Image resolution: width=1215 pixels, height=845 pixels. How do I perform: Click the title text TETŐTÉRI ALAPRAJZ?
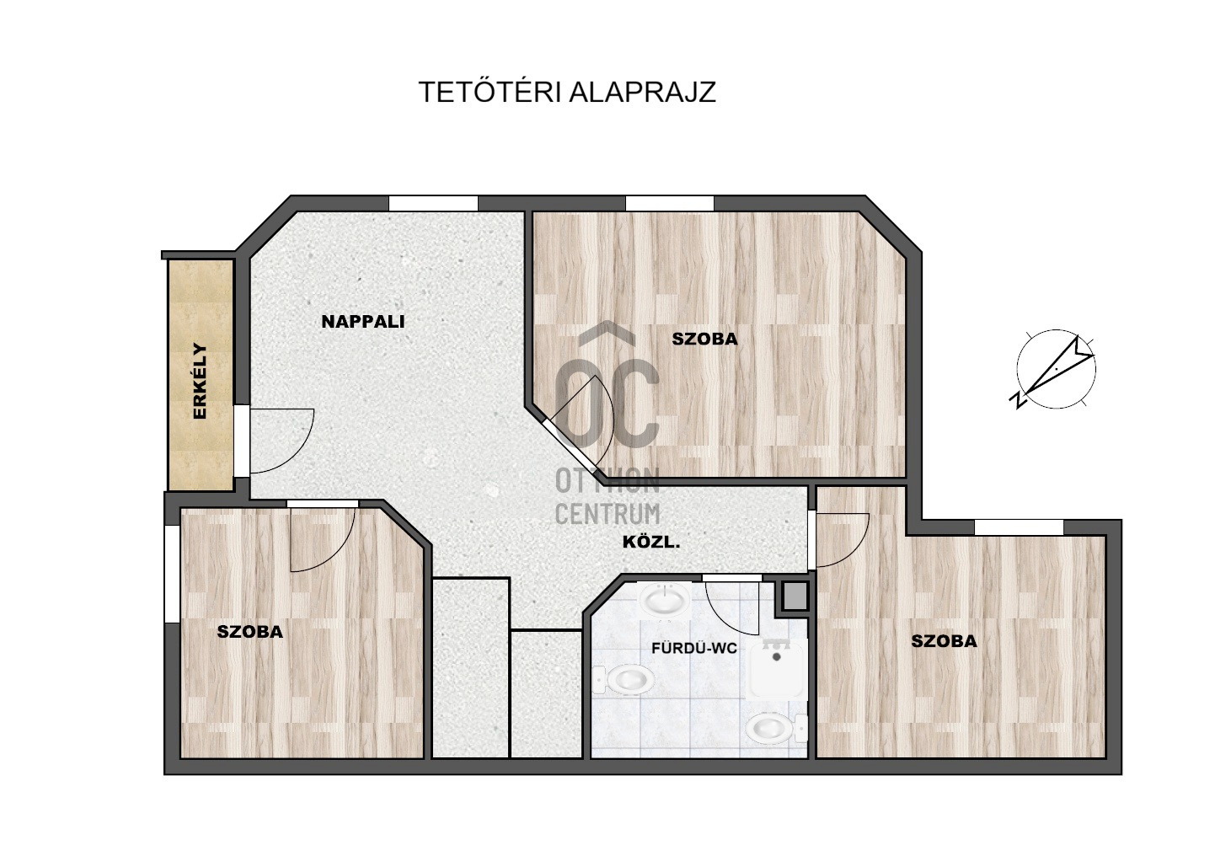click(567, 91)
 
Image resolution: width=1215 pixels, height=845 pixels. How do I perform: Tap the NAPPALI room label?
click(363, 322)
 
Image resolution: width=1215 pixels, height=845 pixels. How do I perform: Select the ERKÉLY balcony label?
click(201, 381)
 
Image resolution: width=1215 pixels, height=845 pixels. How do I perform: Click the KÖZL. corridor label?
click(650, 542)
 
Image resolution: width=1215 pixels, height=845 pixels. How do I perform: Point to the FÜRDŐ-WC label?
click(693, 648)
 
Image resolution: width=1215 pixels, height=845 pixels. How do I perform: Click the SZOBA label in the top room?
click(704, 339)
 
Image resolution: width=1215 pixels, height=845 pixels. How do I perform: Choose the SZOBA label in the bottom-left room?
click(250, 631)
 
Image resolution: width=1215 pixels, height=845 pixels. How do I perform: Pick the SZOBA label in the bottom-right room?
click(944, 641)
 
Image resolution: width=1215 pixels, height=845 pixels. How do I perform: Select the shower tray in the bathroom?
click(776, 669)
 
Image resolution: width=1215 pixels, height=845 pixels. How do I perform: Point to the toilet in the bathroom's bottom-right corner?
click(776, 729)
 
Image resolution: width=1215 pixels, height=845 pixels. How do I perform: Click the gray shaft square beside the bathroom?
click(795, 596)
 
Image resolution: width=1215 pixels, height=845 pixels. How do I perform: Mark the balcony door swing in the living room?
click(281, 441)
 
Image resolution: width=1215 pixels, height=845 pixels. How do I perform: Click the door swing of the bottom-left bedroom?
click(323, 540)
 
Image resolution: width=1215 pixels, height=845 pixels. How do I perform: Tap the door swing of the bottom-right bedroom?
click(843, 540)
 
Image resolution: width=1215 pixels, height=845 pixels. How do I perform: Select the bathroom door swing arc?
click(731, 608)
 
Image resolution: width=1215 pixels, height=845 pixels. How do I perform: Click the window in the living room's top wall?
click(433, 203)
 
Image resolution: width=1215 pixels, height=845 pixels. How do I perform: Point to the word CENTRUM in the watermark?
click(607, 514)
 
